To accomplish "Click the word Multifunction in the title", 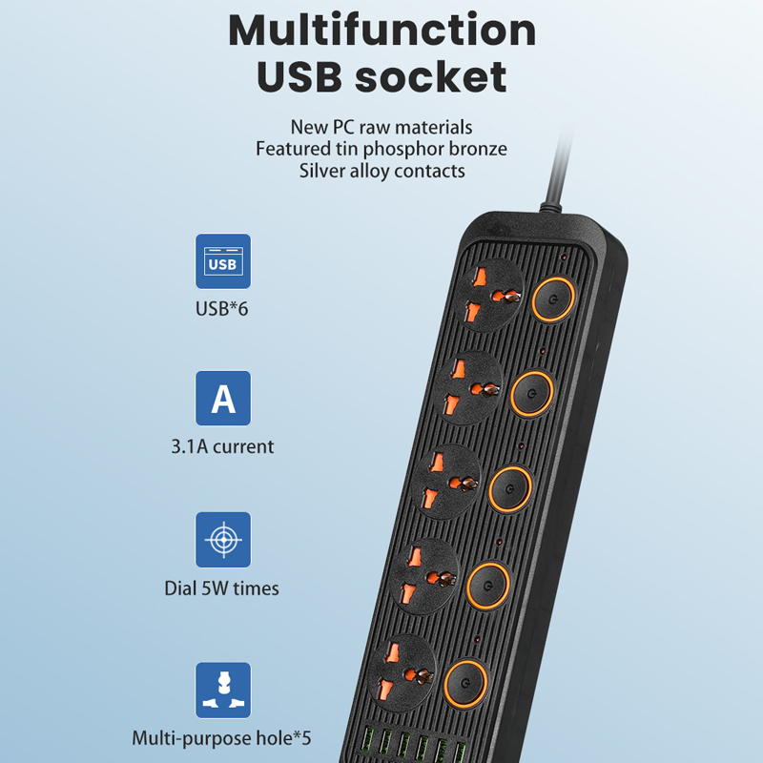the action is (x=382, y=31).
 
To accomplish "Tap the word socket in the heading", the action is (x=431, y=77).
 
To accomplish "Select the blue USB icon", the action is (x=223, y=261).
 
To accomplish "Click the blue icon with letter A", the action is (x=223, y=398).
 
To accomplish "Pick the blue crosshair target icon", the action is (x=223, y=540).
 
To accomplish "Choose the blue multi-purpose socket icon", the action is (x=223, y=690).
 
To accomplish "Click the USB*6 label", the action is (x=221, y=308).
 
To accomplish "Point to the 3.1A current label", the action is (x=222, y=446).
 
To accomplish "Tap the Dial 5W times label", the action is (x=221, y=588).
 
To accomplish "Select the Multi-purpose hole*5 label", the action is (x=221, y=738).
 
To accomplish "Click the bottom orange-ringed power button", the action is (x=465, y=683).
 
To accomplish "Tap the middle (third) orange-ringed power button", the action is (x=510, y=489).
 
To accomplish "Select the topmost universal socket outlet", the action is (x=490, y=295).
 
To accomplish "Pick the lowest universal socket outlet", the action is (x=402, y=673).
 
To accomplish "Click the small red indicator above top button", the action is (x=564, y=258).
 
